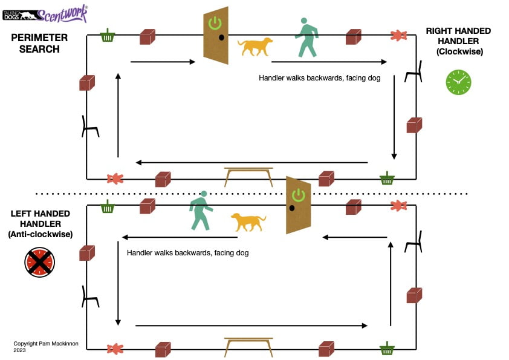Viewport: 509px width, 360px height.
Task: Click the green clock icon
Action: tap(458, 82)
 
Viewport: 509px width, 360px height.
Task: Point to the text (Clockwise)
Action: tap(458, 53)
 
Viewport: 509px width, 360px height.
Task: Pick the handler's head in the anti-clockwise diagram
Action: tap(204, 194)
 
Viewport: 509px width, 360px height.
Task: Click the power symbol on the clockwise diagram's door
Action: tap(215, 24)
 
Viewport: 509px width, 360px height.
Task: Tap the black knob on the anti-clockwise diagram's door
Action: tap(291, 208)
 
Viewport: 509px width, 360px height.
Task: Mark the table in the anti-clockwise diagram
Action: tap(248, 345)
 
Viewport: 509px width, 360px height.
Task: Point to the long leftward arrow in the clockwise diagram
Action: tap(251, 162)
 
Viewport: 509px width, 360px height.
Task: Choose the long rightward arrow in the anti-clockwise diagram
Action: tap(251, 326)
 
